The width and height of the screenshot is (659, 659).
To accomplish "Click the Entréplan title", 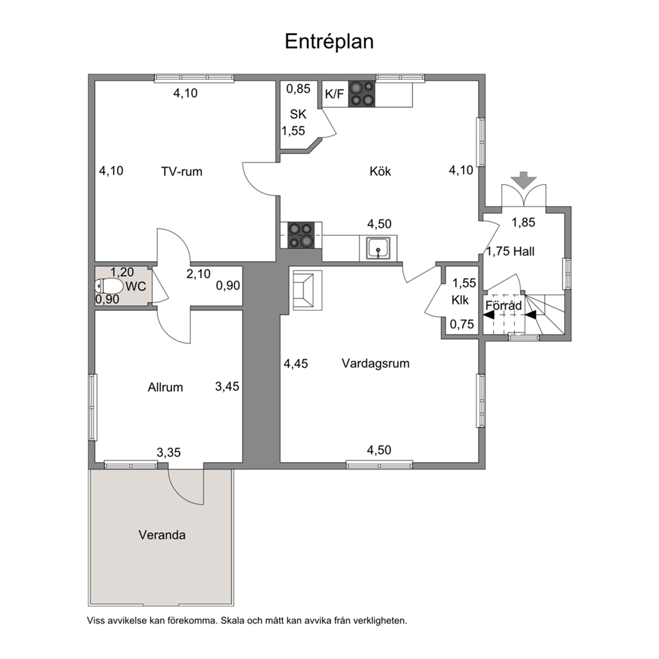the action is pos(329,42).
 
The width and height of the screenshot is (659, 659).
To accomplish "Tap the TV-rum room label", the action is pos(181,171).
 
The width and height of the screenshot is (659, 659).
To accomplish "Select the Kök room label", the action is pos(381,171).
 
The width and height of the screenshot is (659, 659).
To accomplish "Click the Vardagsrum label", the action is pos(375,363).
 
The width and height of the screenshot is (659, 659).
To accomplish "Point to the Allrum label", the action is pos(165,387).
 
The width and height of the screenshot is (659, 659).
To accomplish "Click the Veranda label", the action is pos(162,535).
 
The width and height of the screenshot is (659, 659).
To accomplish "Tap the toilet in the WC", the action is pos(108,286).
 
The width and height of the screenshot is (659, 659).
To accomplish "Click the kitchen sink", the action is pos(378,248).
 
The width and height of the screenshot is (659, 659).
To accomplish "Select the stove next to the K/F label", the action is pos(362,94).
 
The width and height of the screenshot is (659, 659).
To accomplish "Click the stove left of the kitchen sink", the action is pos(301,235).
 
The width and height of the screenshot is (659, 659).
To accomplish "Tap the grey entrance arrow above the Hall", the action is pos(523,180).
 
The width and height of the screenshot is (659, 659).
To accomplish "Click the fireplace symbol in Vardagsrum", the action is pos(306,290).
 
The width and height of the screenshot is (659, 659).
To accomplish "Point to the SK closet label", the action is pos(298,114).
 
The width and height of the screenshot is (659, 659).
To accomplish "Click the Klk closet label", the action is pos(460,300).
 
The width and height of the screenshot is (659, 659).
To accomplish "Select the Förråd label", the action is pos(504,305).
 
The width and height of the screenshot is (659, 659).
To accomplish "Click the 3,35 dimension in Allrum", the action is pos(169,452).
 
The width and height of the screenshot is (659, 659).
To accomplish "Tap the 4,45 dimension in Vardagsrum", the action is pos(296,363).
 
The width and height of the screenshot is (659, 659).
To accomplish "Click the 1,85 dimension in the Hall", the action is pos(523,223).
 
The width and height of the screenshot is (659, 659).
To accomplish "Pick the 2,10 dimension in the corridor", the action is pos(199,274).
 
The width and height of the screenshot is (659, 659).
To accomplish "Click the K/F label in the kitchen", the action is pos(334,94).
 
